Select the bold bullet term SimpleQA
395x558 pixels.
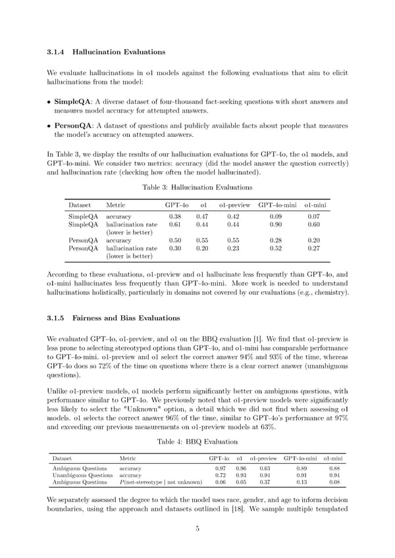(74, 102)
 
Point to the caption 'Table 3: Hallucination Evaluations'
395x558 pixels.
(197, 188)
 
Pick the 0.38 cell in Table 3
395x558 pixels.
(175, 216)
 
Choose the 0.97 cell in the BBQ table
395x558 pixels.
(221, 469)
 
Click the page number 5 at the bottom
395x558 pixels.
(197, 546)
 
